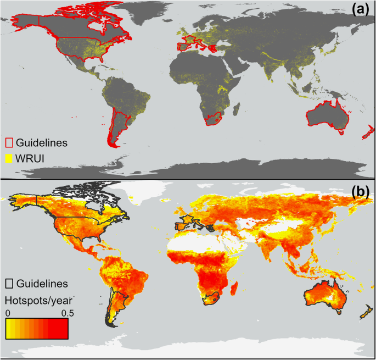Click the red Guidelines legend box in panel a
point(9,143)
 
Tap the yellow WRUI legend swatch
point(9,158)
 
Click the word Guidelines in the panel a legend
point(41,143)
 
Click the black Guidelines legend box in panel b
point(9,284)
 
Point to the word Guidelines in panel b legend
point(42,284)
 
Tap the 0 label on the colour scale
point(8,312)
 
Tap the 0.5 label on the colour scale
point(60,312)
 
